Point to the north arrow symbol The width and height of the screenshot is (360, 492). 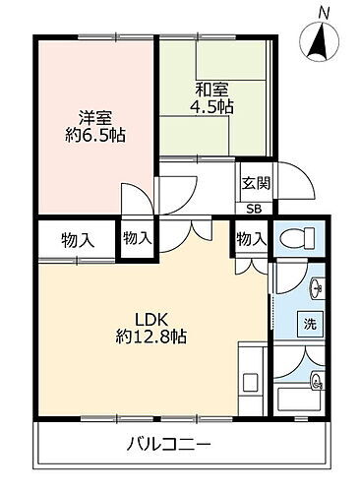pyautogui.click(x=323, y=39)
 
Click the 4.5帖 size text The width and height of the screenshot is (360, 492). pyautogui.click(x=212, y=108)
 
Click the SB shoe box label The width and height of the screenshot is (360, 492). pyautogui.click(x=254, y=209)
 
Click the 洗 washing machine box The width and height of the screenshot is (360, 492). pyautogui.click(x=310, y=323)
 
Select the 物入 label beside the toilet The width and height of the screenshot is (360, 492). pyautogui.click(x=251, y=238)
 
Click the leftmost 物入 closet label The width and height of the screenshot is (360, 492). pyautogui.click(x=77, y=239)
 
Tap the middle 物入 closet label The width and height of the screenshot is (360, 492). pyautogui.click(x=138, y=237)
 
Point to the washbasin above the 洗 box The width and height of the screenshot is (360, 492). pyautogui.click(x=314, y=288)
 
